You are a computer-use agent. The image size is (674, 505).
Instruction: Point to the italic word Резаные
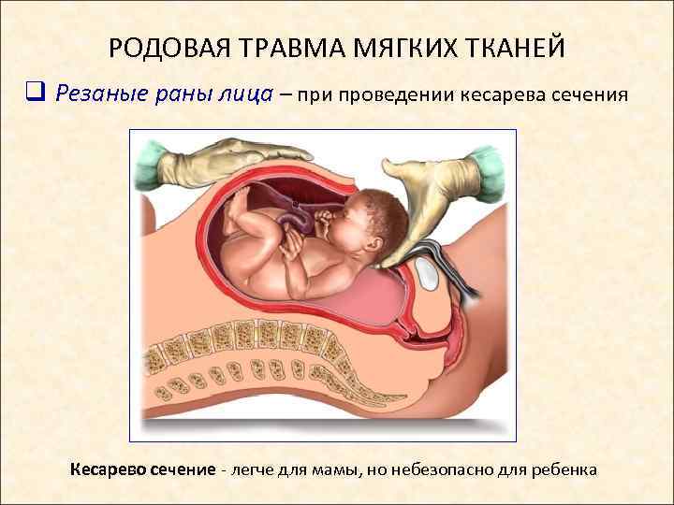coord(98,94)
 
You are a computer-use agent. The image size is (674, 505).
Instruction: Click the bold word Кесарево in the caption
coord(108,469)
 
